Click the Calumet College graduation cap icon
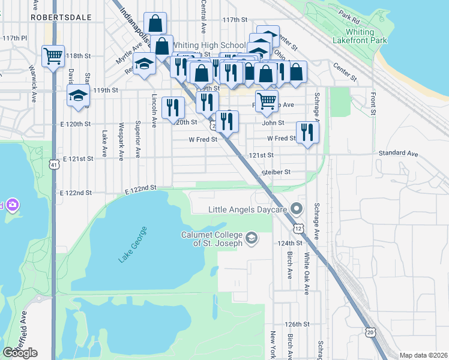252,238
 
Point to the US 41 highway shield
54,164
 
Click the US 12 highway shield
298,228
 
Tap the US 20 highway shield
370,331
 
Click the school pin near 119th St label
78,96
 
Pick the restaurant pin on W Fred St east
307,132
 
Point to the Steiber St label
276,172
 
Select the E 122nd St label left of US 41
76,193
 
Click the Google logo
20,353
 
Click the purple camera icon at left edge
12,205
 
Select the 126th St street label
297,323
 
